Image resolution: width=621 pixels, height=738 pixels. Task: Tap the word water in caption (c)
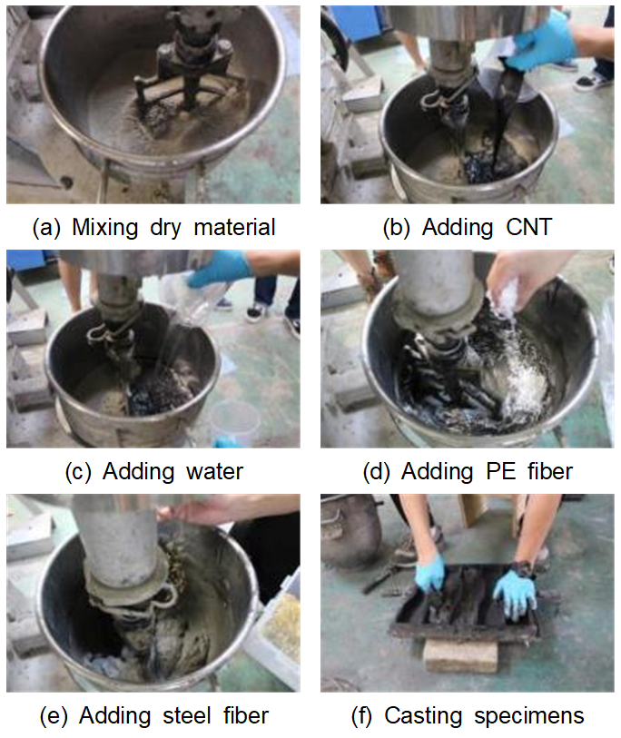click(214, 472)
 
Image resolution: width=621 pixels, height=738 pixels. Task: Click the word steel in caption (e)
click(186, 715)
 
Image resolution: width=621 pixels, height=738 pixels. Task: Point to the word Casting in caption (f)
click(423, 716)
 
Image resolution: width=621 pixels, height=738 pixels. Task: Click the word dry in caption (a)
click(165, 228)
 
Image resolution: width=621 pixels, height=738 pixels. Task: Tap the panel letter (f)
click(361, 716)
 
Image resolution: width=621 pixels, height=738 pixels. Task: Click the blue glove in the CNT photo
click(547, 40)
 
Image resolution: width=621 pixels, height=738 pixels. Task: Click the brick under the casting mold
click(460, 655)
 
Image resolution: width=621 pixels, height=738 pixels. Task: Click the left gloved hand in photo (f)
click(430, 572)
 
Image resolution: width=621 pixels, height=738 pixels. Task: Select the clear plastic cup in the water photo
click(234, 422)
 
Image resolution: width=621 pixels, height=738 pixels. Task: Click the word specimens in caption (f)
click(528, 716)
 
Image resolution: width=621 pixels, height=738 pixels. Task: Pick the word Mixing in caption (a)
click(104, 228)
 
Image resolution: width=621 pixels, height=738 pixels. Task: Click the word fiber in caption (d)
click(550, 472)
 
